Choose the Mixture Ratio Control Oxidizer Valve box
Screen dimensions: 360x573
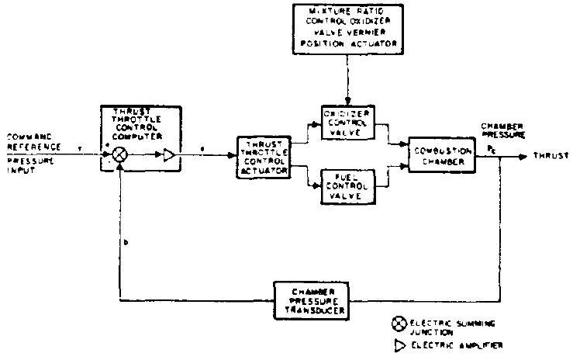click(349, 28)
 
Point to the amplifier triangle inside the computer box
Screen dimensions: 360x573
click(170, 155)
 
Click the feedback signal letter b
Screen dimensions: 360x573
click(127, 242)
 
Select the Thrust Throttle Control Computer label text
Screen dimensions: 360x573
click(139, 121)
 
